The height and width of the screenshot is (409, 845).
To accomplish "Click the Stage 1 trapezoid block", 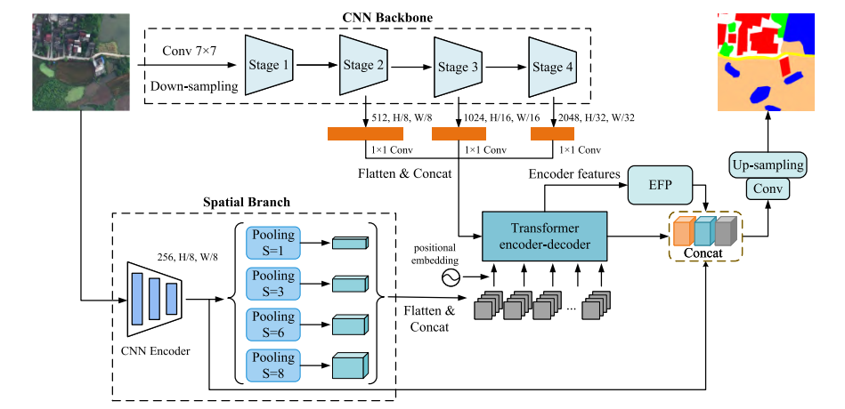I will click(x=270, y=65).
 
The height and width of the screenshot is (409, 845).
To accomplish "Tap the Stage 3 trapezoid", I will click(x=457, y=67).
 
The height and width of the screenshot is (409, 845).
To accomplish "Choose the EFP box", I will click(x=660, y=184).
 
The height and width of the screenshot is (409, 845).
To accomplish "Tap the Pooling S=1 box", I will click(x=273, y=243).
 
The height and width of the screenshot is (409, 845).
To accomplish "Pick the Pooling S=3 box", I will click(x=273, y=285).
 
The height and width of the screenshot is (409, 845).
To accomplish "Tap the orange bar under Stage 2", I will click(x=365, y=134).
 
